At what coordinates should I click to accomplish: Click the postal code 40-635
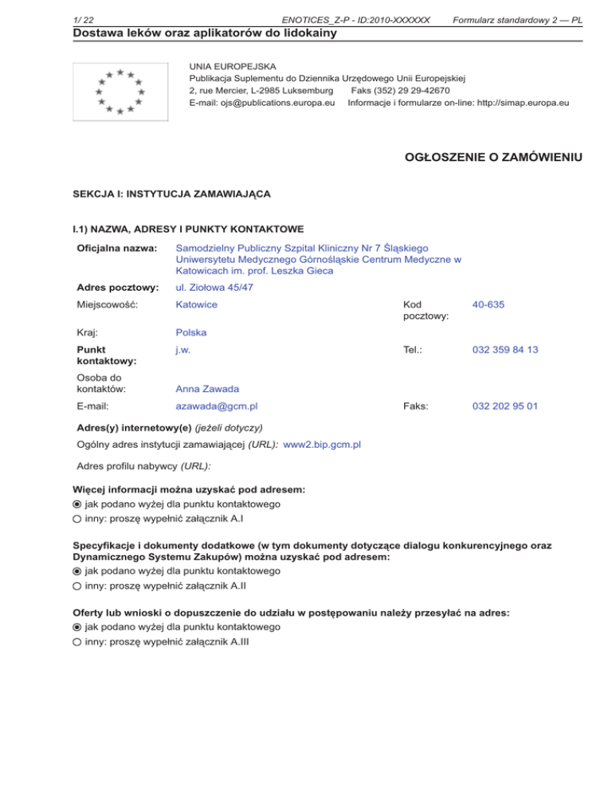pos(488,304)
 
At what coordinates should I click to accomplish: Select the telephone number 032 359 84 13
pos(504,349)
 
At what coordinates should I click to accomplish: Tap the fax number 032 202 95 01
pos(504,406)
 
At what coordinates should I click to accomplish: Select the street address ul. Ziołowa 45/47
pos(214,287)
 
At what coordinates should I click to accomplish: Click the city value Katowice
pos(196,304)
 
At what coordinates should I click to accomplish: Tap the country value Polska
pos(191,331)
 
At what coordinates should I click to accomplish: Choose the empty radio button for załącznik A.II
pos(76,586)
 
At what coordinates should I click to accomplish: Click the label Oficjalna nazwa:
pos(112,249)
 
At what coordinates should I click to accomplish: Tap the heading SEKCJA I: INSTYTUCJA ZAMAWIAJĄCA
pos(171,194)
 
